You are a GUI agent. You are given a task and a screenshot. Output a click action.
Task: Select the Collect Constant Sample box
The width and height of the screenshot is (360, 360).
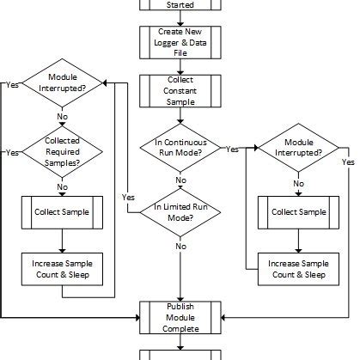point(180,91)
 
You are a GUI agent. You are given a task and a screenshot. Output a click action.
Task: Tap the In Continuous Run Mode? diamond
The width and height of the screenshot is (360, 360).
point(180,148)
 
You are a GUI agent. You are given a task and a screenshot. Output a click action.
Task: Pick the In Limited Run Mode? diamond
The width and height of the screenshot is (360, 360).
point(180,211)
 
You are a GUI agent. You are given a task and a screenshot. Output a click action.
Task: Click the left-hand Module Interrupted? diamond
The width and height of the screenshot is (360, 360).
point(63,83)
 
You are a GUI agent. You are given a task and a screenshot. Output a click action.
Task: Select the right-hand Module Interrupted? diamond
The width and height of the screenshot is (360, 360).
point(298,148)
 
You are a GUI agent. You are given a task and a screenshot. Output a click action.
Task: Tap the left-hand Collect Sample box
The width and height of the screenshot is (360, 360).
point(63,211)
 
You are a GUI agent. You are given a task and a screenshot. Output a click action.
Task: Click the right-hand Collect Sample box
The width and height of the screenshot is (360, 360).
point(298,211)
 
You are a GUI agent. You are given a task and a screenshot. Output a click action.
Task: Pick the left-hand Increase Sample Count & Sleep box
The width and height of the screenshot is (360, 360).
point(63,268)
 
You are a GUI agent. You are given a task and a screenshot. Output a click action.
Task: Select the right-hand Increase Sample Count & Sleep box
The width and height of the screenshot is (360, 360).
point(298,268)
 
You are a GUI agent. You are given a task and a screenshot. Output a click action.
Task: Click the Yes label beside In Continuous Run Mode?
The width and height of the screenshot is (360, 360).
point(232,149)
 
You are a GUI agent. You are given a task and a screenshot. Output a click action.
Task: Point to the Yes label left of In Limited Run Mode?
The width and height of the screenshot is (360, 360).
point(128,197)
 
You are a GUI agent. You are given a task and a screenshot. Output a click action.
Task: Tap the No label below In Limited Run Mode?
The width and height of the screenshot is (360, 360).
point(180,247)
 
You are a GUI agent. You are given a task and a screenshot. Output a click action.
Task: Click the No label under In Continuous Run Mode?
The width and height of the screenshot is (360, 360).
point(180,180)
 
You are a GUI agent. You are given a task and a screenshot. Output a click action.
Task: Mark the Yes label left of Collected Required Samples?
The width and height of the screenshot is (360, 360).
point(12,153)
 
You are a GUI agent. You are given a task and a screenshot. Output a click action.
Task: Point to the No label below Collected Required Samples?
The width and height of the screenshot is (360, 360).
point(63,186)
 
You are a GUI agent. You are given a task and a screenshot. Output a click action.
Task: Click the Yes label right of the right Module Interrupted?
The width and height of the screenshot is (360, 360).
point(348,162)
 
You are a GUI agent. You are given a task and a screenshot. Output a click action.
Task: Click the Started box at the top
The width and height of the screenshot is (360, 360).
point(180,5)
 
